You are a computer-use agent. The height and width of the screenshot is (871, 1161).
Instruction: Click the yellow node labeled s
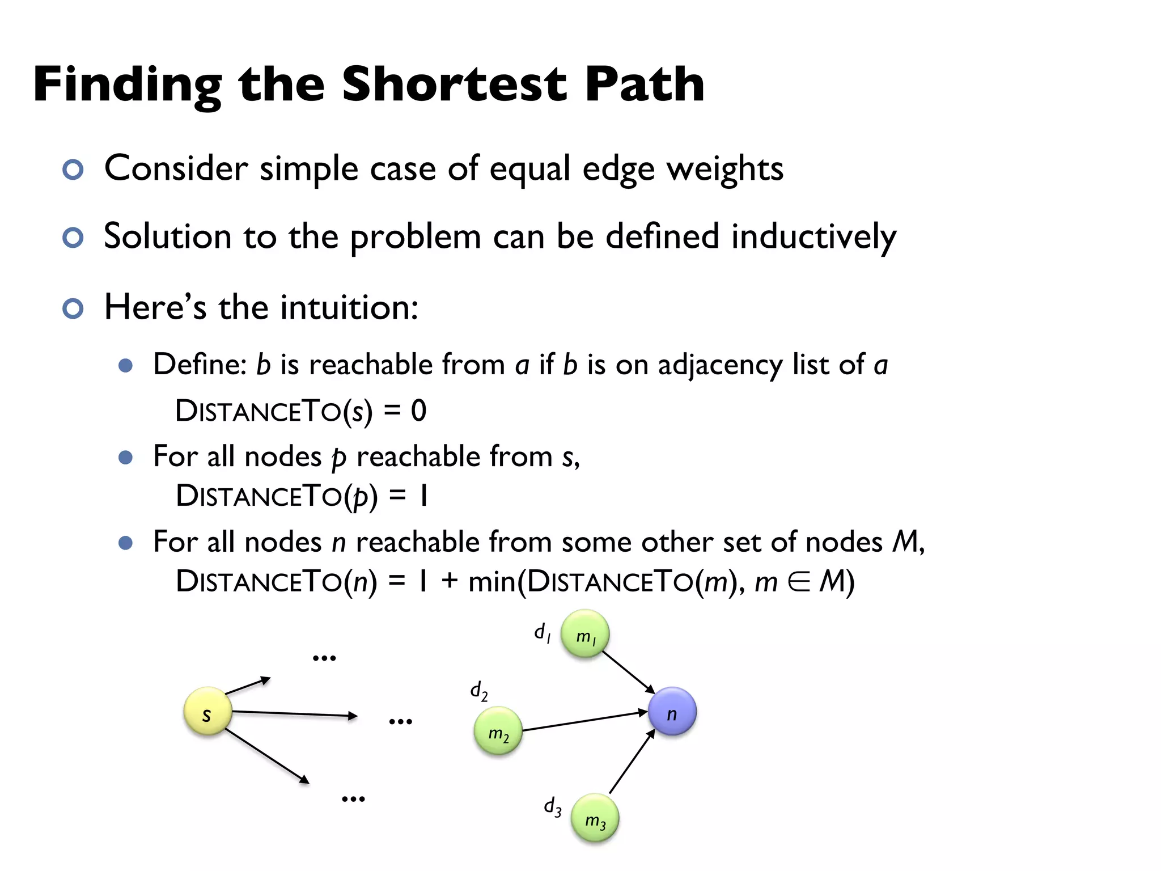point(207,711)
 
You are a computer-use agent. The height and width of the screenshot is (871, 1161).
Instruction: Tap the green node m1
point(585,634)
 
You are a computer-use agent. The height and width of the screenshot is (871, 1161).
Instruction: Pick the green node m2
point(498,731)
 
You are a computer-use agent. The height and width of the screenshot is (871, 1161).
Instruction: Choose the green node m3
point(595,818)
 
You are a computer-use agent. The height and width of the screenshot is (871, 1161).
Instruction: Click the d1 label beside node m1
point(542,632)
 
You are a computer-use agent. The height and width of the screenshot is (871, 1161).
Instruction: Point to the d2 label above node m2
point(478,691)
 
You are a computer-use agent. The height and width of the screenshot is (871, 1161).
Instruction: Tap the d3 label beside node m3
point(552,806)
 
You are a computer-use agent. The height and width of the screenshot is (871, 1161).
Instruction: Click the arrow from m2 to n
point(584,721)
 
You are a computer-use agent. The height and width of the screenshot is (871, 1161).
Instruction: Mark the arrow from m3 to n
point(632,761)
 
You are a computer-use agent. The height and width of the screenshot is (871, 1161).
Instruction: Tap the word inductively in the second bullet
point(813,237)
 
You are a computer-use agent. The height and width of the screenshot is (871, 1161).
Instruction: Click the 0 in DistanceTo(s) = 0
point(418,411)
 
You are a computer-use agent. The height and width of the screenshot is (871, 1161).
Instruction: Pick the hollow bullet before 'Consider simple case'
point(73,170)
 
